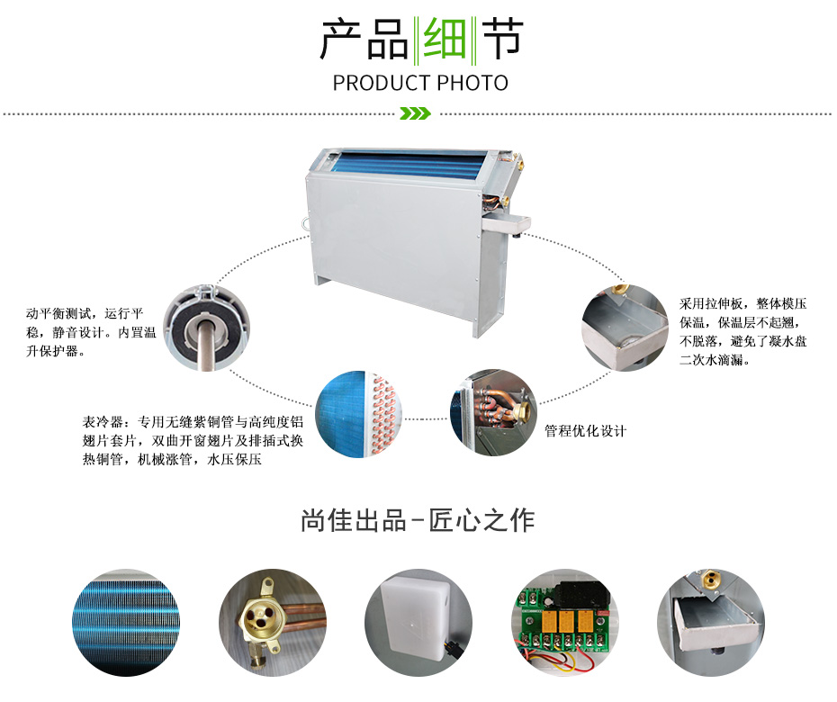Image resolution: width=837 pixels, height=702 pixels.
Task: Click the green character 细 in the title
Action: pos(444,38)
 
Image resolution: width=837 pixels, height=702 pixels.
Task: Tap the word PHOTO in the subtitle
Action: pos(472,84)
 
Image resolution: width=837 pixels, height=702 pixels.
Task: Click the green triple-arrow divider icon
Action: pos(415,113)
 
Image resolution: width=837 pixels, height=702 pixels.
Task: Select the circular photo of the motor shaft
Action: pos(206,328)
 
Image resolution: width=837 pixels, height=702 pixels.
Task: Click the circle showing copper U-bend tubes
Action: pos(358,414)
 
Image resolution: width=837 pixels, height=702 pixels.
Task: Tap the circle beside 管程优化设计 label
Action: pos(493,412)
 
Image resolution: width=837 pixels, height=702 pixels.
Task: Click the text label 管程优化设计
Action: pos(585,431)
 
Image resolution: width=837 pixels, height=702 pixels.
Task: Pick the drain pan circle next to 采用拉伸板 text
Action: pos(625,328)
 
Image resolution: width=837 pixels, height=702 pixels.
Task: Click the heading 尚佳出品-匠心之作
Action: pos(418,520)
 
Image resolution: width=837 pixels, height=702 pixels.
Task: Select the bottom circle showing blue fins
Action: pos(126,623)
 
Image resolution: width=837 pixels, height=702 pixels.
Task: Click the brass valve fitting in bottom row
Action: pos(272,623)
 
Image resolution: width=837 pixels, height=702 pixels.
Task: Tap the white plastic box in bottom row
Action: pos(418,623)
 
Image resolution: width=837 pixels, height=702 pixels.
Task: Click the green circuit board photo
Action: pos(565,623)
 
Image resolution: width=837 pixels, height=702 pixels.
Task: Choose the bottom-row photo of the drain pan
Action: pos(711,623)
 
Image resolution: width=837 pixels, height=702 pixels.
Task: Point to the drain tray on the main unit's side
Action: pos(506,223)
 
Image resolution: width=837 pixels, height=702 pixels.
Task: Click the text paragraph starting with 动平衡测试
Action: pos(91,332)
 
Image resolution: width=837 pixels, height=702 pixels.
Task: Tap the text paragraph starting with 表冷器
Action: pos(193,440)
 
